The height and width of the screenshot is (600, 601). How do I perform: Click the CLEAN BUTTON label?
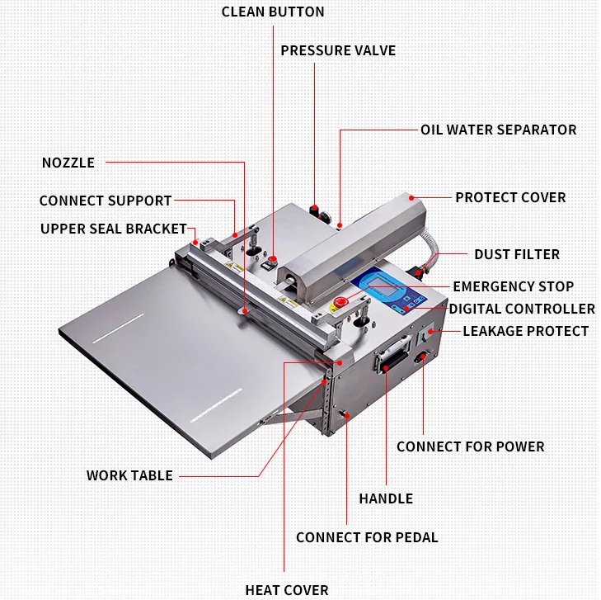pos(273,12)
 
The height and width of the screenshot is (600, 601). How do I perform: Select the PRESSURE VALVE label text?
pos(338,51)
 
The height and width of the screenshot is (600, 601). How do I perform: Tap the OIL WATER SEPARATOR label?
pos(498,130)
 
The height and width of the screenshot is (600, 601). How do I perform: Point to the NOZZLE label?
pos(68,163)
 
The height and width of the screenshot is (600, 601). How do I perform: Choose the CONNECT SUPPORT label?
pos(106,201)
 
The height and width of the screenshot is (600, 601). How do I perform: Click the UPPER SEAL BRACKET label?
pos(114,229)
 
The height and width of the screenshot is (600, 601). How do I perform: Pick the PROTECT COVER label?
pos(510,198)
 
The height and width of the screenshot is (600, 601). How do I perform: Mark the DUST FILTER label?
pos(517,255)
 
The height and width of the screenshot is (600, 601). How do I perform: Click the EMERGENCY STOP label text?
pos(513,287)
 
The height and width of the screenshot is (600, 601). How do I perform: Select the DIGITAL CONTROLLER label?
pos(522,309)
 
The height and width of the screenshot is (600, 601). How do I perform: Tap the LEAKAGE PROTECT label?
pos(526,332)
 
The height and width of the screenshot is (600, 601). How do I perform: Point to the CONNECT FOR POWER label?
pos(470,446)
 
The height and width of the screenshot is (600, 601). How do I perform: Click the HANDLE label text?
pos(386,498)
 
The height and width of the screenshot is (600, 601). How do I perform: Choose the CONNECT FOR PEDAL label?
pos(367,538)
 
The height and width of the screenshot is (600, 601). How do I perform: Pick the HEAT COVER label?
pos(287,590)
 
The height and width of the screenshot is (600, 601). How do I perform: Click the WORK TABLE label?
pos(129,476)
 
